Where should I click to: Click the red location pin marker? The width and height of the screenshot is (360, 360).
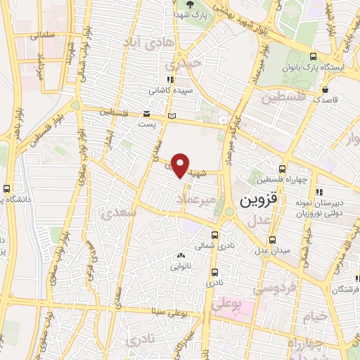point(181,165)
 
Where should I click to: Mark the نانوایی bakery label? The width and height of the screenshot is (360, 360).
point(181,266)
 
